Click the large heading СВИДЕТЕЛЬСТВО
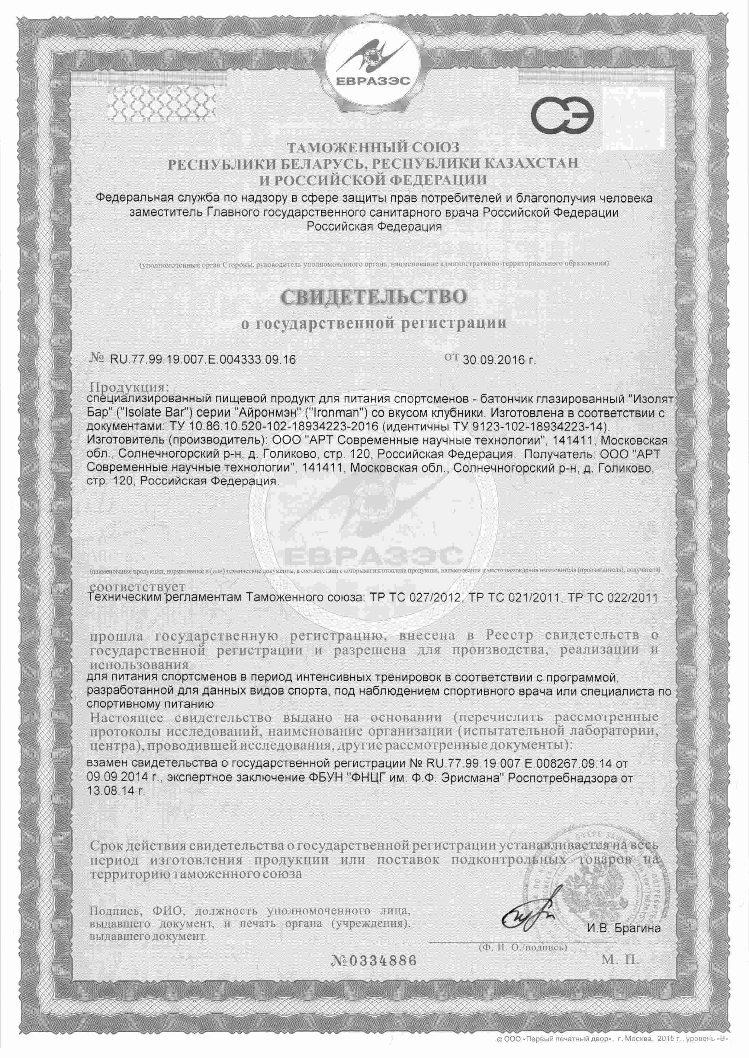coord(374,297)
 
